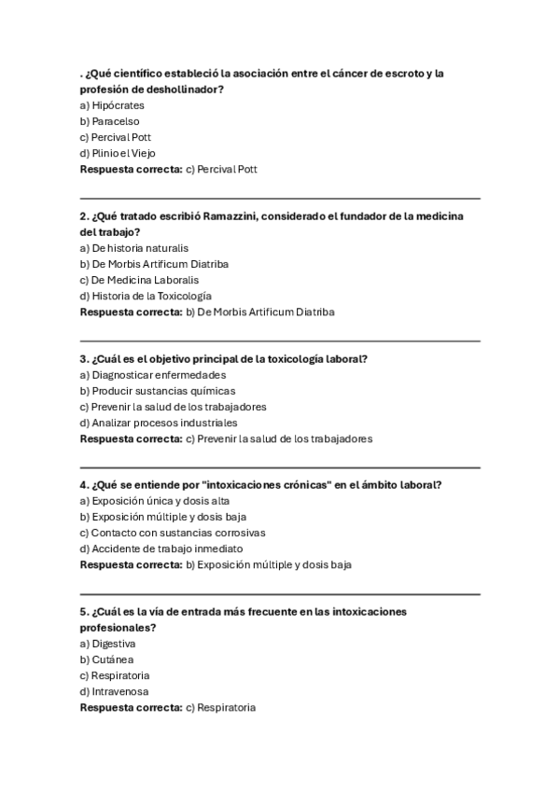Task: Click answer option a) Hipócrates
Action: [x=112, y=105]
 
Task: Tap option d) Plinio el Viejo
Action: [x=118, y=153]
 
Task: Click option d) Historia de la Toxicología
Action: [x=139, y=296]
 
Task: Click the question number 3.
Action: [x=84, y=359]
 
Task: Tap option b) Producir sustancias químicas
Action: [x=158, y=391]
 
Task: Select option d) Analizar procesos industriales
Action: [x=152, y=423]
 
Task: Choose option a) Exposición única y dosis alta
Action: [x=154, y=501]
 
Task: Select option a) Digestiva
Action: [x=108, y=644]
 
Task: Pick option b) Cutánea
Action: [x=106, y=659]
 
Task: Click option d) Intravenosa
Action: [x=115, y=691]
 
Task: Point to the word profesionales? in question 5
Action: [x=118, y=628]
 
